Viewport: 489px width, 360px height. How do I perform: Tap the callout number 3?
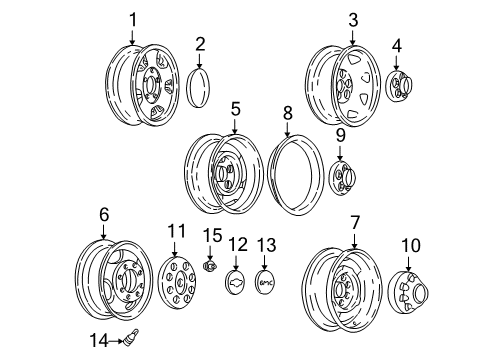[352, 19]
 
